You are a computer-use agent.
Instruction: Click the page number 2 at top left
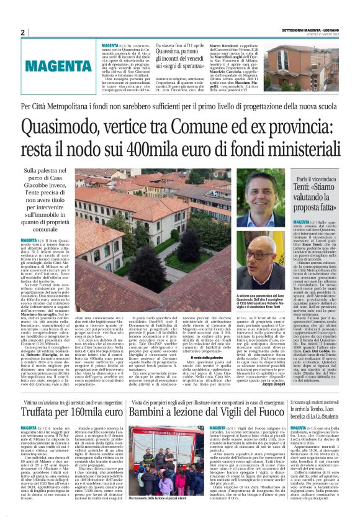pos(22,33)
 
